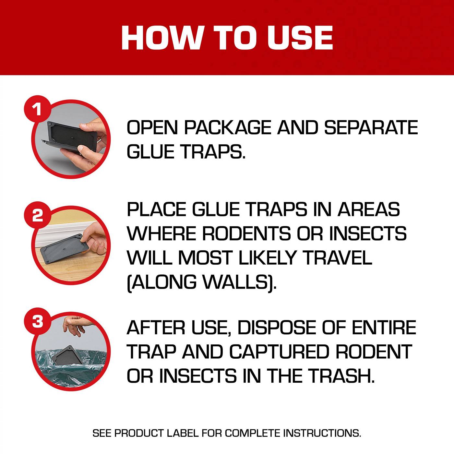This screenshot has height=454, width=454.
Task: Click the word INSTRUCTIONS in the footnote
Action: (322, 433)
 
